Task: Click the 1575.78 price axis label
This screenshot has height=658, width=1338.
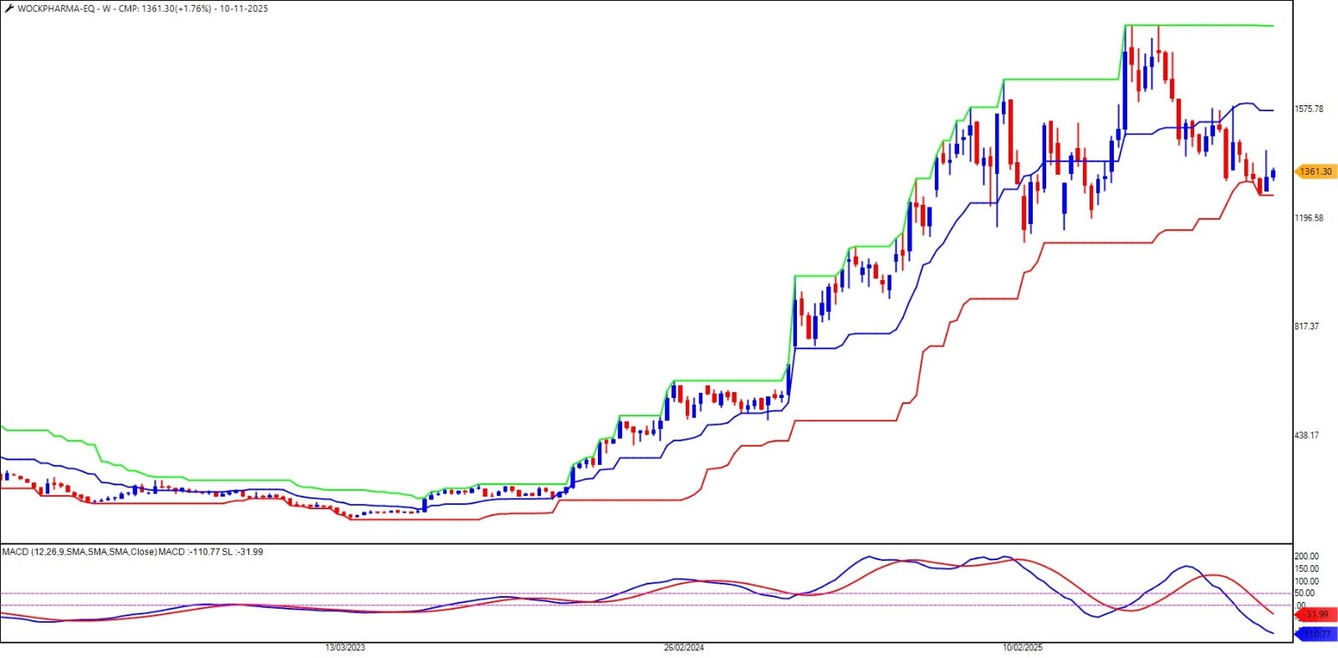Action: pos(1309,110)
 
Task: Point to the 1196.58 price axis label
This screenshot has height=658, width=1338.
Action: pos(1309,218)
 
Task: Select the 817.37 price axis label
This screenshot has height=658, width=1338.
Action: pos(1306,327)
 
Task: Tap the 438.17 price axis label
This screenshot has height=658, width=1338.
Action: pos(1306,436)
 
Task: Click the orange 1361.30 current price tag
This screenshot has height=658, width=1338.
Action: pos(1315,171)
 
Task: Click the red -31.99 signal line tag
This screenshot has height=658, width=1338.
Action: pos(1316,615)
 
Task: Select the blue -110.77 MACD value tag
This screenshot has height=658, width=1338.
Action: pos(1316,635)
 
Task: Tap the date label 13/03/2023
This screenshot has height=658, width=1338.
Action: pos(345,648)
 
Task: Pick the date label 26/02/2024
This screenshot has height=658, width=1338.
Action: pos(684,648)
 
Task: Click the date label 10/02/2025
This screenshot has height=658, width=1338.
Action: pos(1023,648)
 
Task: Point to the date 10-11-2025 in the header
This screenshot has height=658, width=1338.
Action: pos(244,9)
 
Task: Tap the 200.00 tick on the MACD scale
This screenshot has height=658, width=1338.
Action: pos(1306,556)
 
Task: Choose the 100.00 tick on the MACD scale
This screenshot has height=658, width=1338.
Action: pos(1306,581)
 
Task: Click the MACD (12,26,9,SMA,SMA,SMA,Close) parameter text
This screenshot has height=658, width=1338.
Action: pos(79,552)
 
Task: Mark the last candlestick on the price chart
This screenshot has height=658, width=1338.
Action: pos(1273,173)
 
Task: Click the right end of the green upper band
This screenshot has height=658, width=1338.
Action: pos(1272,26)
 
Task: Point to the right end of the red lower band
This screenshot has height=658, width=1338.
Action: pos(1272,195)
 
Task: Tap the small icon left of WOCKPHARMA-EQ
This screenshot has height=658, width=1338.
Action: pos(9,9)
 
